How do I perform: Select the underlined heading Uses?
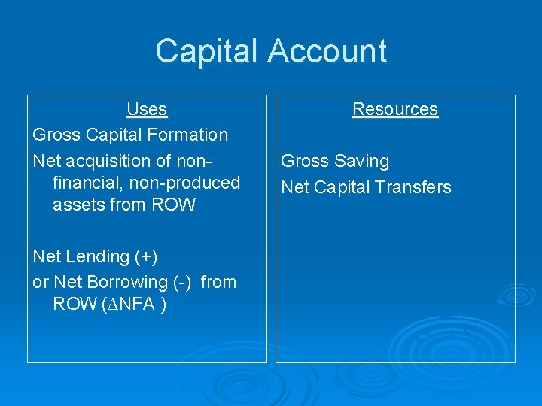click(x=147, y=110)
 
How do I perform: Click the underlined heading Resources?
click(x=395, y=110)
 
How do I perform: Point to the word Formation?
click(x=191, y=135)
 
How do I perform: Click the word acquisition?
click(x=120, y=161)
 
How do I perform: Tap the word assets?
click(x=76, y=205)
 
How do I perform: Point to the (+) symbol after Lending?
click(x=146, y=257)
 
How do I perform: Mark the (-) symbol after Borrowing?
click(x=182, y=283)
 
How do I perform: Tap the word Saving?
click(x=362, y=162)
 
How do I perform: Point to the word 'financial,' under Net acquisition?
click(x=85, y=183)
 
